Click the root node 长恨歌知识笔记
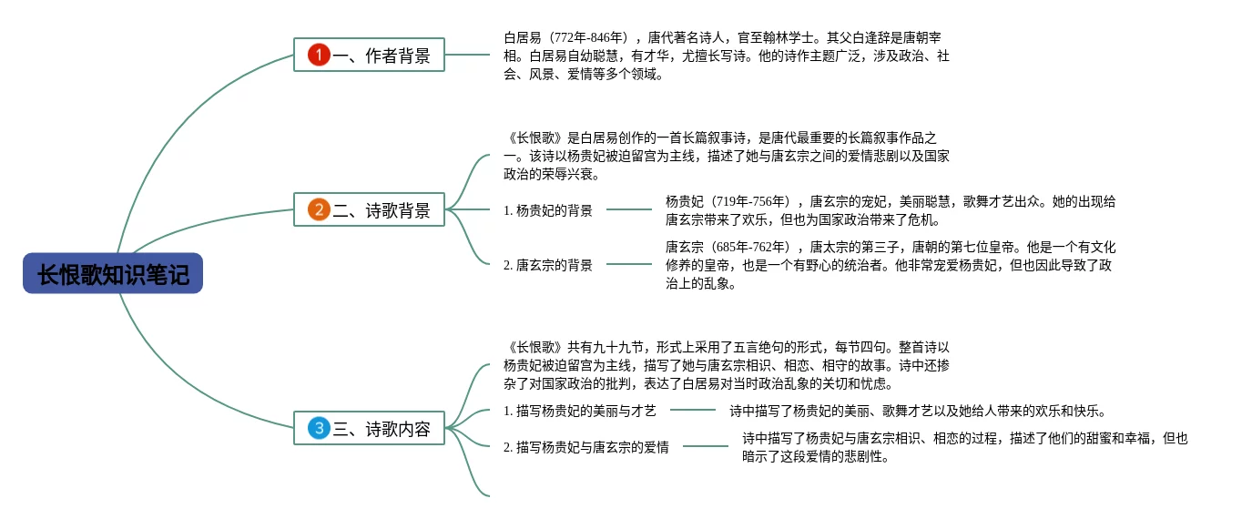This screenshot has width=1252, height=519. (113, 274)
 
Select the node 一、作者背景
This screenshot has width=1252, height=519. (369, 55)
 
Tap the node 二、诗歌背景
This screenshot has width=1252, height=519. (369, 209)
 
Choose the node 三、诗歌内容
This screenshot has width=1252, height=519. (369, 428)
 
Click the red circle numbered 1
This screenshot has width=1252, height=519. (318, 55)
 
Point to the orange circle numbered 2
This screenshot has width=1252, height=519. (318, 209)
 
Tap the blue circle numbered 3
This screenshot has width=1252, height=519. (318, 428)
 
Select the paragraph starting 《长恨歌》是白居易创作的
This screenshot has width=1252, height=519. (726, 156)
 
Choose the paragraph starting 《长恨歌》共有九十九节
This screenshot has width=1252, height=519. (726, 365)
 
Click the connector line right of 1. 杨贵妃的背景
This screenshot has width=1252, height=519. (628, 209)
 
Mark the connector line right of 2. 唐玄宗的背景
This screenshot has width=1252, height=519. (628, 264)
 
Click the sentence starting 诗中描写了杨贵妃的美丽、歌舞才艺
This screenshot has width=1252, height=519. (916, 411)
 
